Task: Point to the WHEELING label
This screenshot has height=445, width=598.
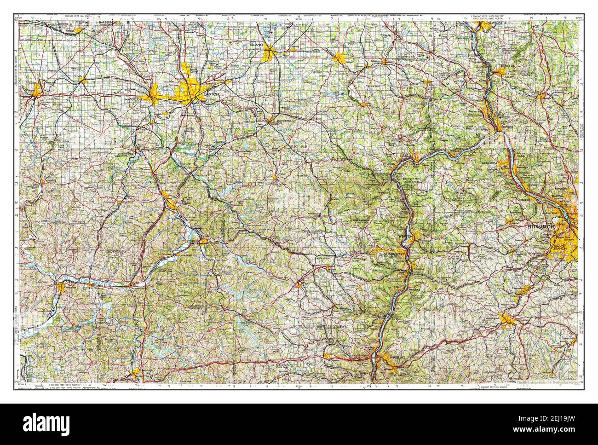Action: point(397,357)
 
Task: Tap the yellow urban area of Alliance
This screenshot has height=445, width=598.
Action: point(269,57)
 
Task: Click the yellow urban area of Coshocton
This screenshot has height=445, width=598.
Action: point(62,287)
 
